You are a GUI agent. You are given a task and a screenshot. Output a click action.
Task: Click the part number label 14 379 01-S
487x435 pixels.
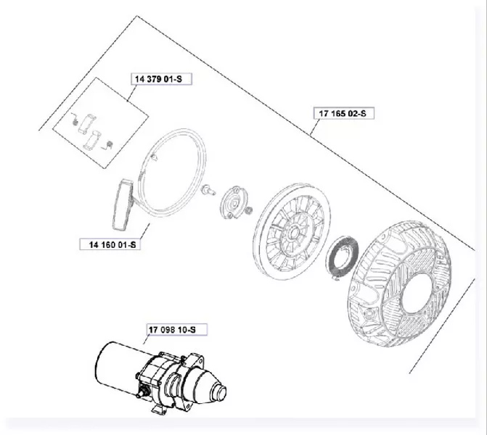[x=161, y=79]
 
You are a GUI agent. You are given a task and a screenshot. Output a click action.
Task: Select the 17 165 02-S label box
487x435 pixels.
[x=343, y=113]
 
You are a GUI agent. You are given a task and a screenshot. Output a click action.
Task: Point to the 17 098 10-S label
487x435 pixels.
[x=176, y=329]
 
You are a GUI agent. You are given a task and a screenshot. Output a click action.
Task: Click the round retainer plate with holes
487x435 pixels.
[x=234, y=202]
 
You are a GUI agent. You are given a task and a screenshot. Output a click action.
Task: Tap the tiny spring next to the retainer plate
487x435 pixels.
[x=248, y=211]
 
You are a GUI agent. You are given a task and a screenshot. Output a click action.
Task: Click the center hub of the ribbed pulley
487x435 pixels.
[x=293, y=232]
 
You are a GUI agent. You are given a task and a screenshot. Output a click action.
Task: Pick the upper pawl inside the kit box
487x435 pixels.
[x=87, y=124]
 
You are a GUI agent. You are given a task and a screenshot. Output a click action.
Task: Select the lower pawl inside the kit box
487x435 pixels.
[x=93, y=140]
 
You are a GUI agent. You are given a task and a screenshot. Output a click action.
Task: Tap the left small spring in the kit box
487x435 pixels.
[x=74, y=119]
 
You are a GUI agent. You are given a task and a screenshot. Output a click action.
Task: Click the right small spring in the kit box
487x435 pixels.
[x=107, y=144]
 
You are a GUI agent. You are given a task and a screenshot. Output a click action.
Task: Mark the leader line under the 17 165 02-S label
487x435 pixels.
[x=315, y=127]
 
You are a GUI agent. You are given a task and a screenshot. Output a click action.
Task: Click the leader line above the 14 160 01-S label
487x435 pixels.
[x=144, y=231]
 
